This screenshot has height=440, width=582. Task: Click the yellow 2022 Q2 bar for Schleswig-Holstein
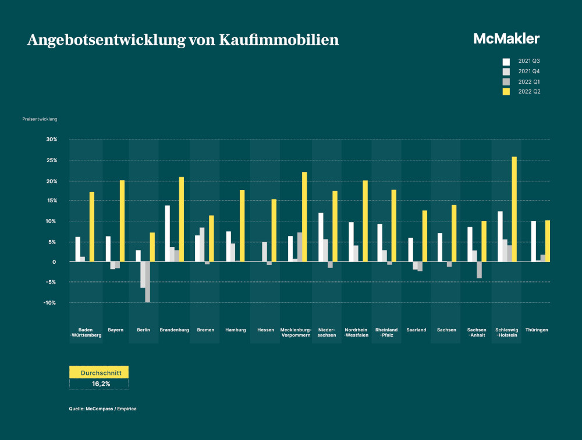(x=514, y=209)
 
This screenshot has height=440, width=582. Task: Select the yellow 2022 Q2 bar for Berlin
(x=152, y=247)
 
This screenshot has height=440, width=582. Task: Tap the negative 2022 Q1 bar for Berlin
(x=148, y=282)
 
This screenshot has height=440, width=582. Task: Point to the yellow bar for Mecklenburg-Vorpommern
(x=304, y=217)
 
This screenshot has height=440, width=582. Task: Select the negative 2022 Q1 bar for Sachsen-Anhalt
(x=480, y=270)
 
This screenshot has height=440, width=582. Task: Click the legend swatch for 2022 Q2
(x=506, y=92)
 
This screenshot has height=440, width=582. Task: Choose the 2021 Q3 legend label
(x=529, y=61)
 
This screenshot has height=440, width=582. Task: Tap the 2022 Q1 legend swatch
(x=506, y=81)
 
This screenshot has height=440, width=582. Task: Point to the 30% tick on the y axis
(x=51, y=139)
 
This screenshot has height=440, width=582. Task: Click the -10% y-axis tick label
(x=50, y=303)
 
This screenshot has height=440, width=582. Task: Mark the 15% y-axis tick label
(x=51, y=201)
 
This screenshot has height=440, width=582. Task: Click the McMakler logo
(x=506, y=39)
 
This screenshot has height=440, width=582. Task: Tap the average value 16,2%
(x=101, y=384)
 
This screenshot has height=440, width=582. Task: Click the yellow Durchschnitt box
(x=98, y=372)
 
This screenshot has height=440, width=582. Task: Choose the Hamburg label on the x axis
(x=235, y=330)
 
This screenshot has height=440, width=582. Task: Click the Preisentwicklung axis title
(x=40, y=119)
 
